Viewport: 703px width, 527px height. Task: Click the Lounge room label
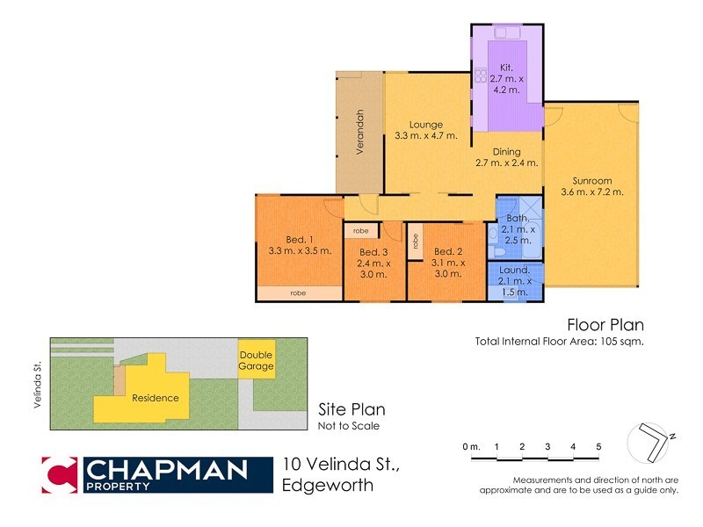coord(425,125)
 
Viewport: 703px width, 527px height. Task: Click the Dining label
coord(505,151)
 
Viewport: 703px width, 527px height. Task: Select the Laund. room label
coord(515,270)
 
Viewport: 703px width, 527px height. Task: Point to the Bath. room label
coord(518,218)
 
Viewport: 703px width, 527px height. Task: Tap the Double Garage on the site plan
coord(257,360)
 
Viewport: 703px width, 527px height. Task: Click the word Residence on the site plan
coord(156,398)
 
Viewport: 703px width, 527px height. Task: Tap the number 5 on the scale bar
coord(598,447)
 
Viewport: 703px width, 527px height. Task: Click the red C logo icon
coord(59,475)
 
